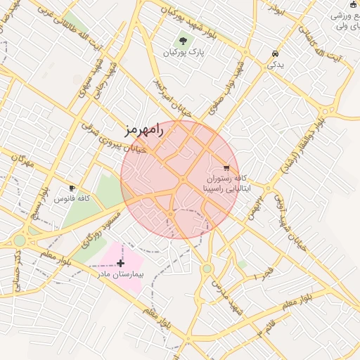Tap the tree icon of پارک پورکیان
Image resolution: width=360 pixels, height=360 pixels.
[184, 41]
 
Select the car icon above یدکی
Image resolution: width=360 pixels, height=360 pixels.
[274, 53]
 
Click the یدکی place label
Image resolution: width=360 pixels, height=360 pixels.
[274, 65]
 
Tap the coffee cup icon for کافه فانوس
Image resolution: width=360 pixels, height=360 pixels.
[72, 188]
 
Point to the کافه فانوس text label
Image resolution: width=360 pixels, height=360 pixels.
[72, 199]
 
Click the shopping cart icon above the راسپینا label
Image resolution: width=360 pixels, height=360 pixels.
[226, 167]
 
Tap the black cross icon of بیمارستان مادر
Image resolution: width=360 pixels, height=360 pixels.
[120, 262]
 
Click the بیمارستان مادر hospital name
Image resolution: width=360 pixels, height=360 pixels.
[120, 274]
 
